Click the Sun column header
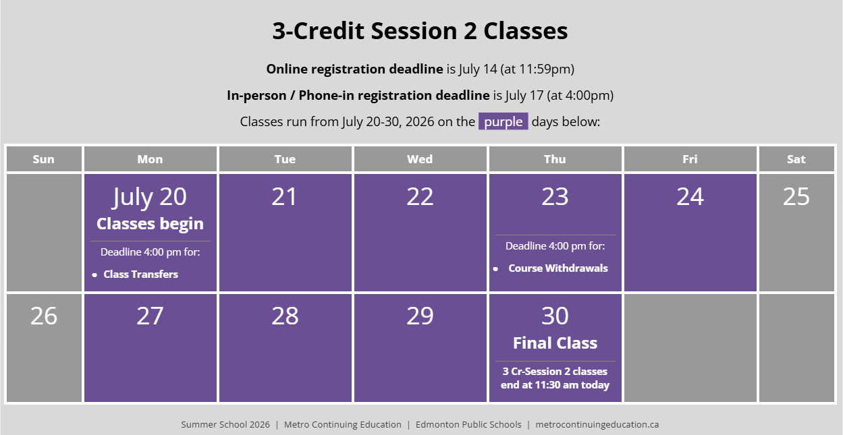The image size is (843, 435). tap(44, 159)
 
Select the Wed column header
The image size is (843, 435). tap(420, 159)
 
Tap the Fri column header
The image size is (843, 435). tap(690, 159)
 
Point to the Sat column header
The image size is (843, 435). tap(796, 159)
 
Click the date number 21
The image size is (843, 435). tap(285, 196)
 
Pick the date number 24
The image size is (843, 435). tap(690, 196)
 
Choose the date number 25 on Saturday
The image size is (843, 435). tap(796, 196)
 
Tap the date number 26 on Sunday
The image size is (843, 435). tap(44, 316)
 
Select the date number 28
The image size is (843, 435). tap(285, 316)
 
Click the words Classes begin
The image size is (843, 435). tap(150, 224)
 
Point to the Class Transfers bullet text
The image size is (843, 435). tap(141, 274)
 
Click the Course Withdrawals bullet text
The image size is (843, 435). tap(558, 268)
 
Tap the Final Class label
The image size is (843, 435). tap(555, 343)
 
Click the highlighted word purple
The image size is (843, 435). tap(503, 121)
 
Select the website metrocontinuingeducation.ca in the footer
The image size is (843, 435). tap(597, 424)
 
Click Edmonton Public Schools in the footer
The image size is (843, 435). tap(468, 424)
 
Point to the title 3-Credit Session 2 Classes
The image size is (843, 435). tap(420, 30)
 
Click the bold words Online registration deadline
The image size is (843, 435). tap(354, 69)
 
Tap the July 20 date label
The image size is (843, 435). tap(150, 197)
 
